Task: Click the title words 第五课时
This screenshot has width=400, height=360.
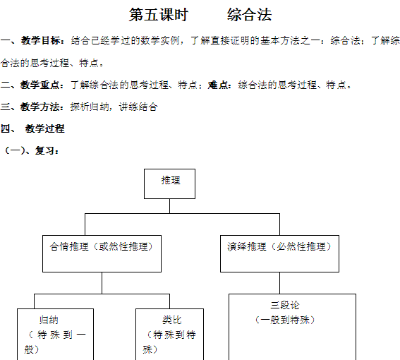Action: [x=159, y=15]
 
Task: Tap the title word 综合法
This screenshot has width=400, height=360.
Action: [x=249, y=15]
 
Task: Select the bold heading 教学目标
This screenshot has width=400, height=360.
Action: [x=41, y=41]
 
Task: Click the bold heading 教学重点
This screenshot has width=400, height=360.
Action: [x=40, y=85]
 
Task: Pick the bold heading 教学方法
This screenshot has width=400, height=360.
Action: [x=40, y=107]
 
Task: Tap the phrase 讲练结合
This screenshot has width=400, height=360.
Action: [x=138, y=107]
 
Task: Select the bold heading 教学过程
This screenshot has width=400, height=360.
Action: [x=45, y=128]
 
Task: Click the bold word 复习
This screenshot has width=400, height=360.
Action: [x=45, y=150]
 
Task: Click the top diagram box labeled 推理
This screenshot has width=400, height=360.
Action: [x=169, y=184]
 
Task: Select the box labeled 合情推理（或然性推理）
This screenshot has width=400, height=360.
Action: [x=102, y=253]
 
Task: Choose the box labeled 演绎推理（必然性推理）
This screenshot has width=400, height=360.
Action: [x=279, y=253]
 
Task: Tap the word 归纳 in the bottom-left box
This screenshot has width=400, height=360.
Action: [x=49, y=320]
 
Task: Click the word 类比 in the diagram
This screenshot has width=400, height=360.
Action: [x=172, y=320]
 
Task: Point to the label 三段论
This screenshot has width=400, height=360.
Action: [x=285, y=305]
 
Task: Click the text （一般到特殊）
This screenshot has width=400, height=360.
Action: [x=285, y=320]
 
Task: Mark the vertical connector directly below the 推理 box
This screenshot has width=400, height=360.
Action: [x=169, y=206]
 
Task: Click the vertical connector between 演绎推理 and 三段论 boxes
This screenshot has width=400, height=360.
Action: [x=279, y=283]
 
